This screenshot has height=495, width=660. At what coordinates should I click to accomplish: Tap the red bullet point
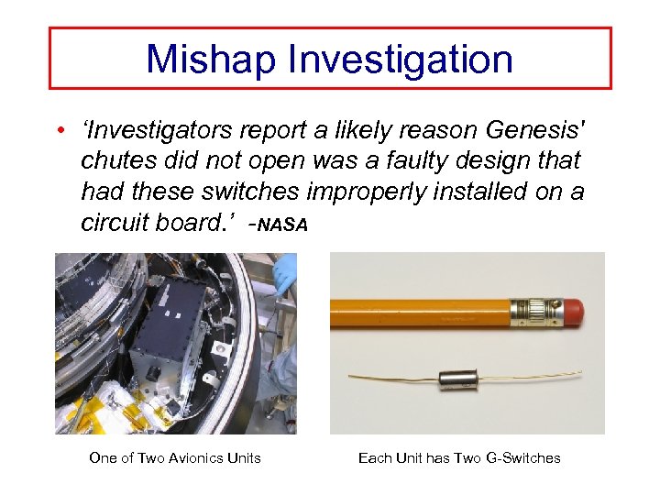[x=59, y=129]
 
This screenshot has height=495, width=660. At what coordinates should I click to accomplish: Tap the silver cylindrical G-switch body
[x=459, y=378]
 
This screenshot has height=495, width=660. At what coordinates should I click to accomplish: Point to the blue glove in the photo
[x=286, y=273]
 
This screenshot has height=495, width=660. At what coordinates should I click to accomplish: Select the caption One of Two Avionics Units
[x=175, y=458]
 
